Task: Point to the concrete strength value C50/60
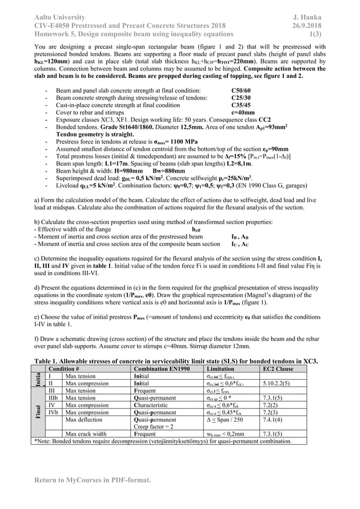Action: click(x=242, y=90)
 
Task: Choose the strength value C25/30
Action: click(x=242, y=98)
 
